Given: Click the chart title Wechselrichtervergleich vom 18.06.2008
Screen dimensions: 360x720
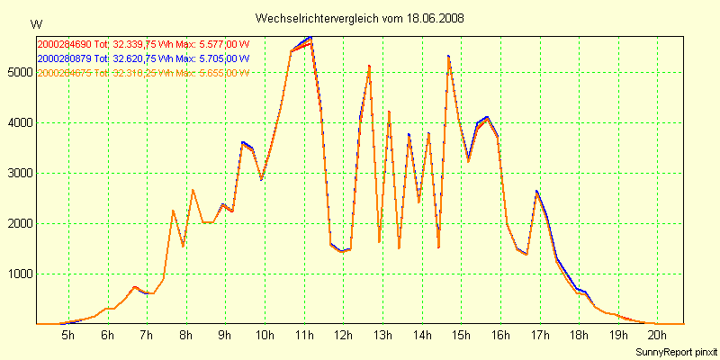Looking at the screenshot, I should [360, 18].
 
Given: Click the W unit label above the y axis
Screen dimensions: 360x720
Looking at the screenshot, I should [35, 23].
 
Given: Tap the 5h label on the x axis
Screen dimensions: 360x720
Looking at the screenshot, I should [67, 336].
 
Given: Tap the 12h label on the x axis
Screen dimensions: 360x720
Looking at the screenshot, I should [343, 336].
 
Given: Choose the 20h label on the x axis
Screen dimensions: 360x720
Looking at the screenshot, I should [658, 336].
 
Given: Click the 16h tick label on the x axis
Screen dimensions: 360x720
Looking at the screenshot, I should [500, 336].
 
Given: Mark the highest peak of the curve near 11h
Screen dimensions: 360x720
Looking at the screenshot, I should [310, 38].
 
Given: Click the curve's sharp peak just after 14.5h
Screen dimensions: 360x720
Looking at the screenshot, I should [448, 57].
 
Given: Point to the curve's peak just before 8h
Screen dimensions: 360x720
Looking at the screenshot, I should [173, 211].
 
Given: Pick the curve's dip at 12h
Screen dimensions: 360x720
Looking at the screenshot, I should [342, 251].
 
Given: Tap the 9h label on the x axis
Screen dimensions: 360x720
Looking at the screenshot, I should [225, 336].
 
